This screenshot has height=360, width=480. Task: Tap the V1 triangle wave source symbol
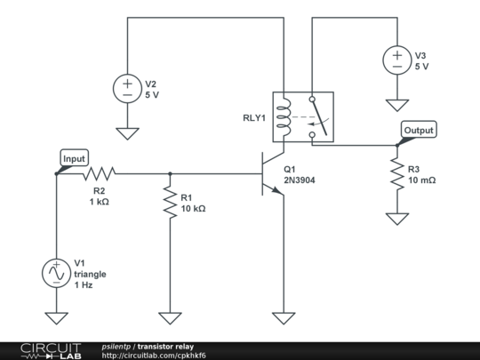point(56,273)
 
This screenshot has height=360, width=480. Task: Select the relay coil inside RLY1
point(284,116)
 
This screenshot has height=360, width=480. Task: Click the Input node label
point(75,158)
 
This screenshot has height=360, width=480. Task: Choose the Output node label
point(419,130)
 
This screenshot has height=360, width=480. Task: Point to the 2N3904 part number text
point(301,180)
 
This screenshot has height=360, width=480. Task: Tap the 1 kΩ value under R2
point(99,202)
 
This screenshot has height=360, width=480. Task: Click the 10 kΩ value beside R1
point(193,209)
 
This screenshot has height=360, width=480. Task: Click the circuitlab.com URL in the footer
point(154,356)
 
